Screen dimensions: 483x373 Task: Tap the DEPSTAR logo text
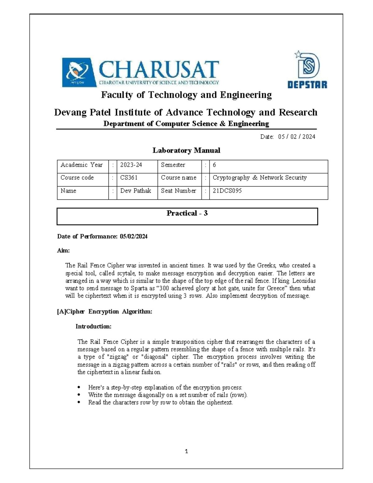(307, 85)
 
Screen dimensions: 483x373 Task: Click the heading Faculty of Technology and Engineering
(186, 95)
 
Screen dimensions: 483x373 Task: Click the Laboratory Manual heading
(186, 151)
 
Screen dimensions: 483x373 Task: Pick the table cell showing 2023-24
(131, 165)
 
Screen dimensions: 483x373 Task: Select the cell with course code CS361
(129, 178)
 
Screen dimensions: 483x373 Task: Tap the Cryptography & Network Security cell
(260, 178)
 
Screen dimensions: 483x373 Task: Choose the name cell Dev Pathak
(136, 191)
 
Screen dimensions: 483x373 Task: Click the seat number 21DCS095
(227, 191)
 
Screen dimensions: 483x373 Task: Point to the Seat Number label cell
(178, 191)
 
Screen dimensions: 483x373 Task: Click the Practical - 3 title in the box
(187, 213)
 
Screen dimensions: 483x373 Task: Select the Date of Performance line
(102, 237)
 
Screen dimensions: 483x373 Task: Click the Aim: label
(63, 251)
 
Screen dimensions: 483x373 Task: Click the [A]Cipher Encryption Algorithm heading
(104, 312)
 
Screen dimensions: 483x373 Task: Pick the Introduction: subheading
(93, 327)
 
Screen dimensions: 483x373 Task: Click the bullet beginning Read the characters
(160, 402)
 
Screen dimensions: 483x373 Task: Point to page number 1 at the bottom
(186, 452)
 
